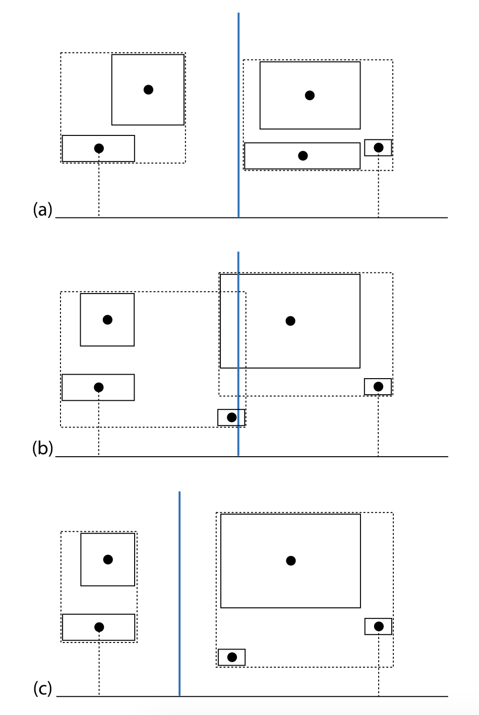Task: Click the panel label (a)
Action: (x=42, y=209)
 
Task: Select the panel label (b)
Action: (x=42, y=448)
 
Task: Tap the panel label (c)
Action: (x=42, y=688)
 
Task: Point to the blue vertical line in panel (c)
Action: (x=179, y=594)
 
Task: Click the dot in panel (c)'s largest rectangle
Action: (x=290, y=560)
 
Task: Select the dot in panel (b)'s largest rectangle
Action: (x=290, y=321)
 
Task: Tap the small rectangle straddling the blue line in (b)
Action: (x=231, y=417)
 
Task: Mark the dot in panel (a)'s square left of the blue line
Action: (x=148, y=90)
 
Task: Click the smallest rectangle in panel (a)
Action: (x=378, y=148)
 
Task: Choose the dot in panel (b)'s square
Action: (x=107, y=320)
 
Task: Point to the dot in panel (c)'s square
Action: (x=108, y=559)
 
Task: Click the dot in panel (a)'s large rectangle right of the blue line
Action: (x=310, y=95)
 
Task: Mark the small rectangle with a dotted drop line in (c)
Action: (x=378, y=626)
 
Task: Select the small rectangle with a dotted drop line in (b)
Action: (x=378, y=387)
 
